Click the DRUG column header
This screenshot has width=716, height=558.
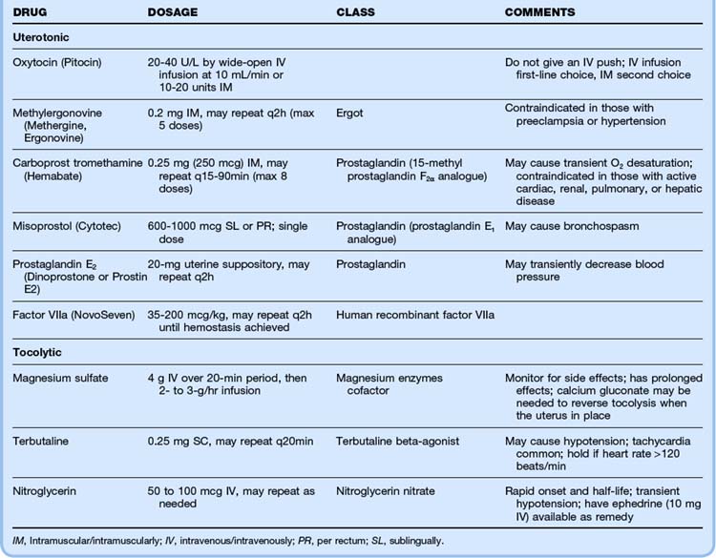(x=32, y=12)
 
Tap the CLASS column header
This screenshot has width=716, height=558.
(x=355, y=12)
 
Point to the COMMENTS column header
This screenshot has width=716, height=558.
(x=540, y=12)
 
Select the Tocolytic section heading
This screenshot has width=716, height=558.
(x=39, y=353)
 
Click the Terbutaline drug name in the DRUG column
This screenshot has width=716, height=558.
(x=40, y=444)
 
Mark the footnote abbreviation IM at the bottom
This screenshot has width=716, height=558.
(x=18, y=540)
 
